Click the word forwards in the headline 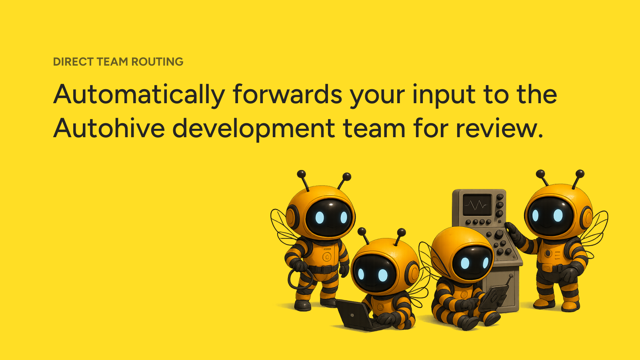[x=288, y=94]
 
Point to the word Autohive [x=109, y=128]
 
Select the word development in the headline [x=254, y=129]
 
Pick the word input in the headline [x=444, y=96]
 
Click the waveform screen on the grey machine [x=477, y=204]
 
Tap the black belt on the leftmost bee [x=323, y=269]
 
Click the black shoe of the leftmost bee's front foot [x=302, y=306]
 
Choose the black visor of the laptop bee [x=374, y=273]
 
